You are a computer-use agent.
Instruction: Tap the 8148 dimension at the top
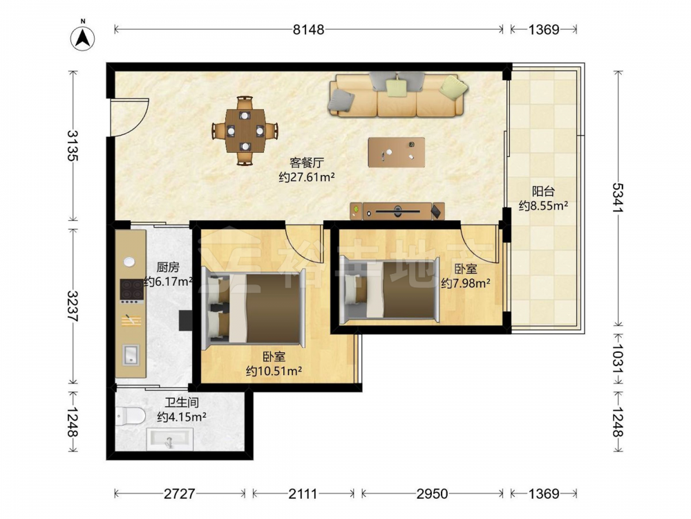pyautogui.click(x=308, y=30)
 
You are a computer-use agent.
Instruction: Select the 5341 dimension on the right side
pyautogui.click(x=618, y=197)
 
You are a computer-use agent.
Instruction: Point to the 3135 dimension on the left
pyautogui.click(x=73, y=145)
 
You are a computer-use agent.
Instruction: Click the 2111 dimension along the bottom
pyautogui.click(x=303, y=493)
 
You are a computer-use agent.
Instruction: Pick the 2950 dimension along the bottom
pyautogui.click(x=432, y=493)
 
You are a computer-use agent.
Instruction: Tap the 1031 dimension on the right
pyautogui.click(x=618, y=358)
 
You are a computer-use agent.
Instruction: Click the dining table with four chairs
pyautogui.click(x=245, y=131)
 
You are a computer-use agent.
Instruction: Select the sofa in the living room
pyautogui.click(x=397, y=95)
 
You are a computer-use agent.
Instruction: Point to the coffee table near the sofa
pyautogui.click(x=397, y=152)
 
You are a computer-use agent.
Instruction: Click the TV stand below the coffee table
pyautogui.click(x=397, y=211)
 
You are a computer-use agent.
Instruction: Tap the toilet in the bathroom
pyautogui.click(x=131, y=416)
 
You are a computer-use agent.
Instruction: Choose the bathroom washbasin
pyautogui.click(x=170, y=439)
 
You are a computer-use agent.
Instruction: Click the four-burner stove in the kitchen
pyautogui.click(x=132, y=289)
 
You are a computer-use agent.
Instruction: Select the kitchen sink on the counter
pyautogui.click(x=131, y=355)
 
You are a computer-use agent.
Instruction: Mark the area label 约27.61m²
pyautogui.click(x=307, y=177)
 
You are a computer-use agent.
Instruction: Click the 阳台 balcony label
pyautogui.click(x=543, y=191)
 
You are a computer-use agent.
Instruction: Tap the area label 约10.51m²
pyautogui.click(x=274, y=371)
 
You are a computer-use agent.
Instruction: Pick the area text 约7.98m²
pyautogui.click(x=466, y=283)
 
